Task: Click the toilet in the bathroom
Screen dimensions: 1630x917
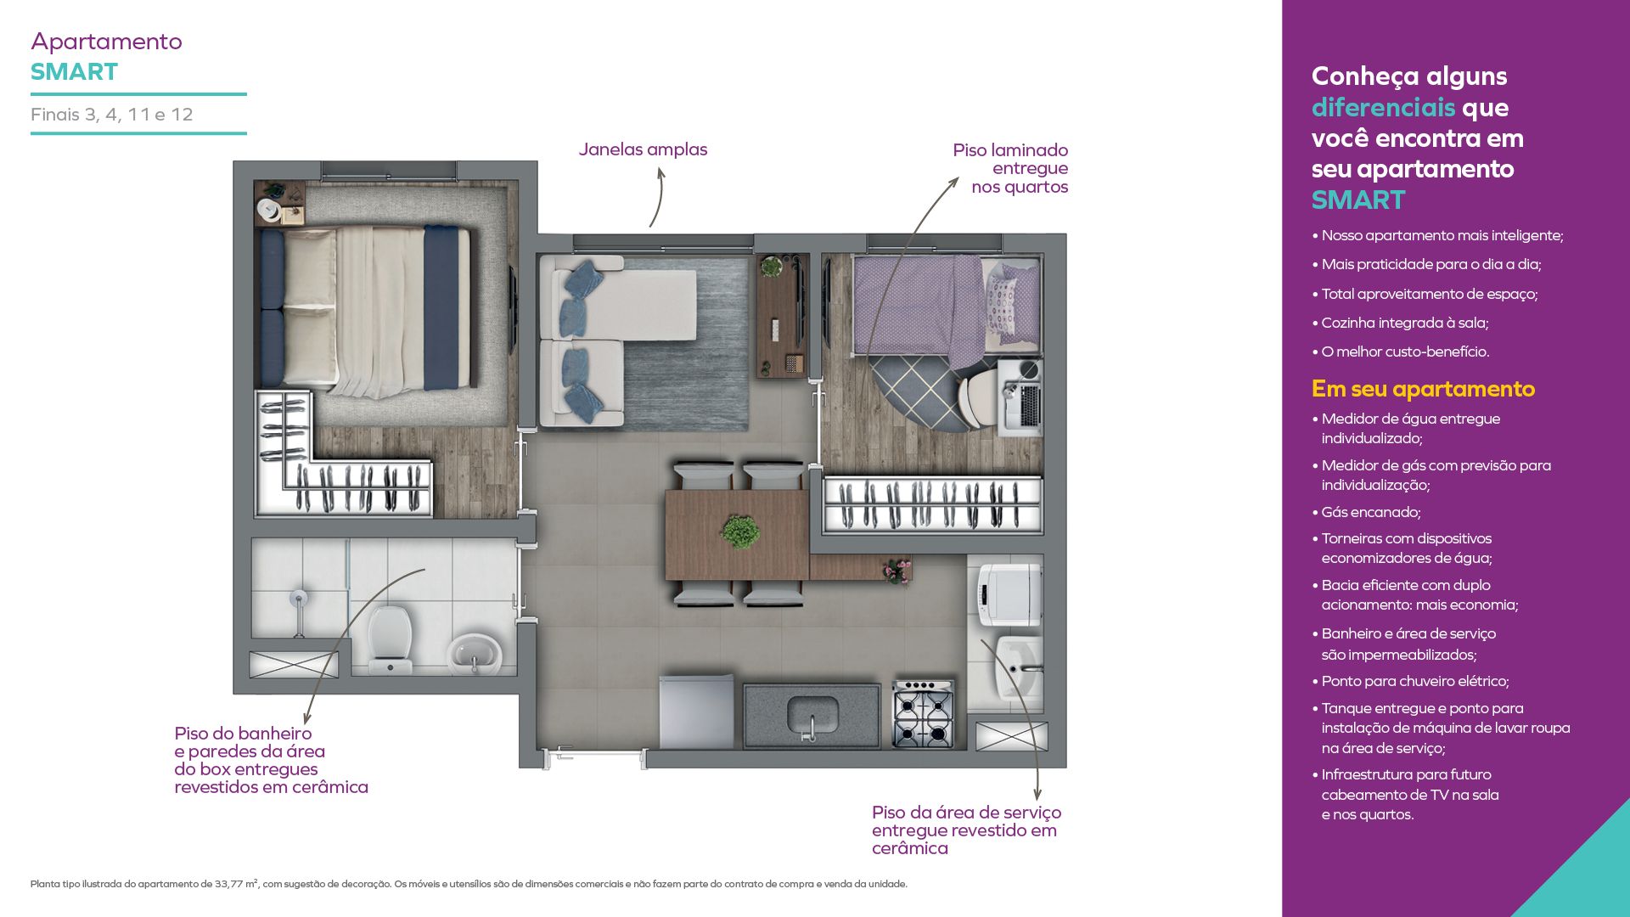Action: pyautogui.click(x=390, y=638)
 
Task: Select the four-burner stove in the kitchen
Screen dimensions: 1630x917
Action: pyautogui.click(x=923, y=714)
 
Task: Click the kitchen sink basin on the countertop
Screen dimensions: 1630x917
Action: pyautogui.click(x=812, y=716)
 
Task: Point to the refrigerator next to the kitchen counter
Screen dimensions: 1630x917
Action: pyautogui.click(x=696, y=712)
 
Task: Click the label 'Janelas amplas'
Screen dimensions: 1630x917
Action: pyautogui.click(x=643, y=149)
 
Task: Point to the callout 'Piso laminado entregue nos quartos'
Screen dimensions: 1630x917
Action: pyautogui.click(x=1010, y=168)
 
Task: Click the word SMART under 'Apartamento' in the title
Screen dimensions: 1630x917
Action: pyautogui.click(x=75, y=72)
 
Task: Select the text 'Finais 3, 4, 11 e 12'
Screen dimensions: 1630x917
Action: pyautogui.click(x=112, y=115)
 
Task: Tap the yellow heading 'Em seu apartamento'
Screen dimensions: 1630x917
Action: pyautogui.click(x=1423, y=389)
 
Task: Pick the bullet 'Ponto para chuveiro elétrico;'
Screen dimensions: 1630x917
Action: pyautogui.click(x=1410, y=681)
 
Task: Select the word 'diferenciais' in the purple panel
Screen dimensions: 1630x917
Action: pyautogui.click(x=1383, y=108)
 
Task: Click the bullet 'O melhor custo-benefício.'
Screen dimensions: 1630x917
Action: pyautogui.click(x=1401, y=352)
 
